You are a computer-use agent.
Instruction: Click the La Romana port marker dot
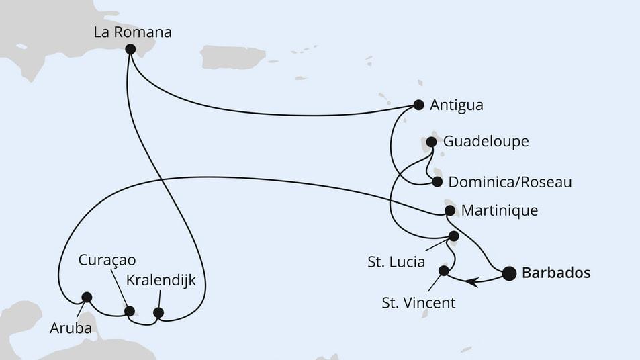click(x=130, y=49)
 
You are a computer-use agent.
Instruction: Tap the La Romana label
click(x=133, y=31)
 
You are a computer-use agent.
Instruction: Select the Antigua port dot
click(x=419, y=105)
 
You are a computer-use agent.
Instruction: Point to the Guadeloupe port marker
click(x=432, y=142)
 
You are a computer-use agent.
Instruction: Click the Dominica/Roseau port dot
click(x=437, y=181)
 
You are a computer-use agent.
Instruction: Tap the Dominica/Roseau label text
click(x=510, y=182)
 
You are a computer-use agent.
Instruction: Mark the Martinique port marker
click(x=450, y=210)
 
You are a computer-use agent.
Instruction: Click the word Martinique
click(x=500, y=210)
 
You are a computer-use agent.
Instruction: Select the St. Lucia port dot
click(x=454, y=236)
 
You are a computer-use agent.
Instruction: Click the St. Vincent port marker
click(x=443, y=271)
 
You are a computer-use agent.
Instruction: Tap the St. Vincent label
click(x=418, y=303)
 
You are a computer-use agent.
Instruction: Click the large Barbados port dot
click(x=509, y=273)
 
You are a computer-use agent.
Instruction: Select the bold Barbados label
click(x=556, y=273)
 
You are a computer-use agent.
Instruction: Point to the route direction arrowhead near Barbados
click(x=477, y=283)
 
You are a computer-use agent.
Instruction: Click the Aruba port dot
click(x=86, y=297)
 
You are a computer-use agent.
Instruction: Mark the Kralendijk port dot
click(x=158, y=312)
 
